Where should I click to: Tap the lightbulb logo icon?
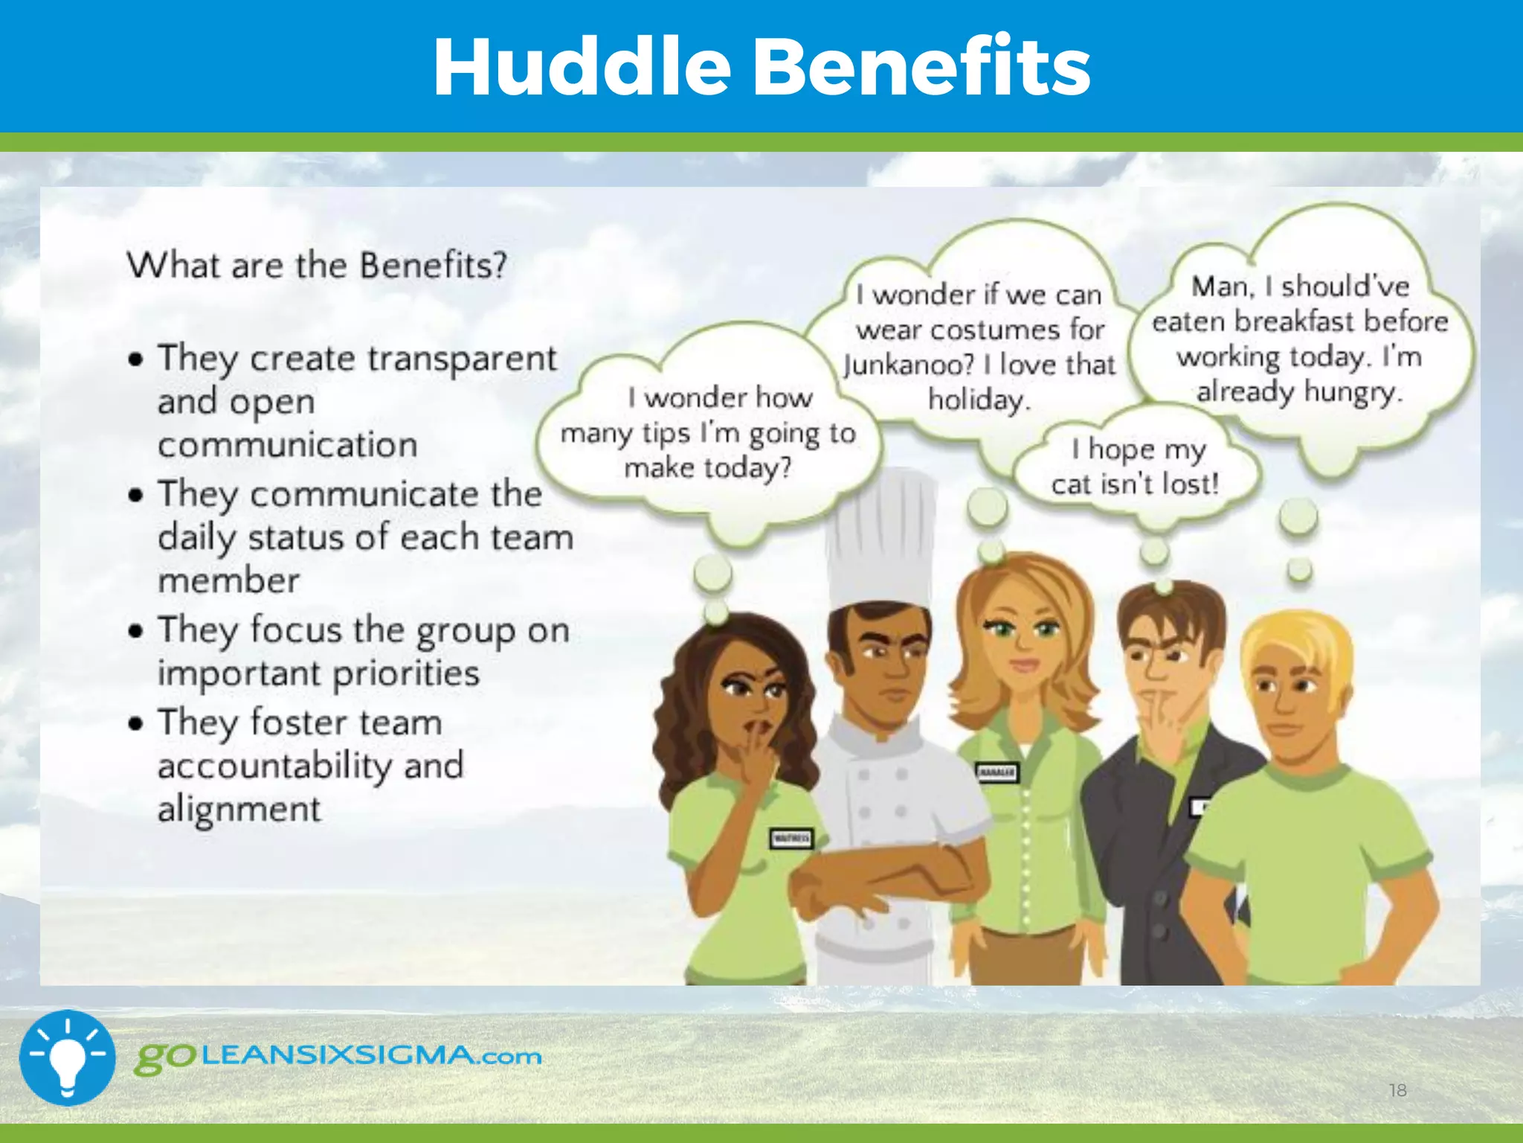tap(68, 1057)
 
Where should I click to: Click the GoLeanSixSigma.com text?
tap(338, 1057)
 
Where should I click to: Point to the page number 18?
tap(1397, 1090)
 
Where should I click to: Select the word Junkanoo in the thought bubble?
tap(908, 365)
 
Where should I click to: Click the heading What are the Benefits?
tap(317, 265)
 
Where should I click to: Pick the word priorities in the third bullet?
tap(406, 673)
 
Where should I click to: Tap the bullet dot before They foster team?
tap(135, 723)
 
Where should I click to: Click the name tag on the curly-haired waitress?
tap(791, 839)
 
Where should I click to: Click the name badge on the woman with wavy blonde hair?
tap(996, 772)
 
